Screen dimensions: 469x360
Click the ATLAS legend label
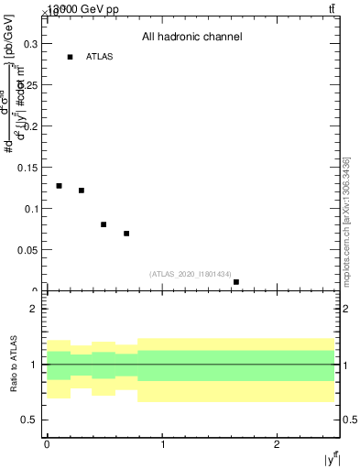pyautogui.click(x=99, y=57)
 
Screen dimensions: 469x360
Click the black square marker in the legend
pyautogui.click(x=70, y=57)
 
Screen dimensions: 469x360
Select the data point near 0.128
pyautogui.click(x=59, y=186)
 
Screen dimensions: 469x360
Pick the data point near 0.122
pyautogui.click(x=82, y=191)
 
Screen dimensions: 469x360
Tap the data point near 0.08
pyautogui.click(x=104, y=224)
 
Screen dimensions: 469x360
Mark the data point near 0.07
pyautogui.click(x=126, y=234)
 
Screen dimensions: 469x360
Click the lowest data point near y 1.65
pyautogui.click(x=236, y=282)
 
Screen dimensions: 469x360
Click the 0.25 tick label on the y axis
pyautogui.click(x=29, y=84)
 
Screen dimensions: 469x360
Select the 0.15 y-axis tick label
pyautogui.click(x=29, y=168)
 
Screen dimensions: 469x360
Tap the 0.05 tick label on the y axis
pyautogui.click(x=29, y=250)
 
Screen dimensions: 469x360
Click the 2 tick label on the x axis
pyautogui.click(x=277, y=444)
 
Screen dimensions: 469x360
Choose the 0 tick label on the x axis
pyautogui.click(x=47, y=444)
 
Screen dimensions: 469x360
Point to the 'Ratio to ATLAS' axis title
pyautogui.click(x=14, y=364)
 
